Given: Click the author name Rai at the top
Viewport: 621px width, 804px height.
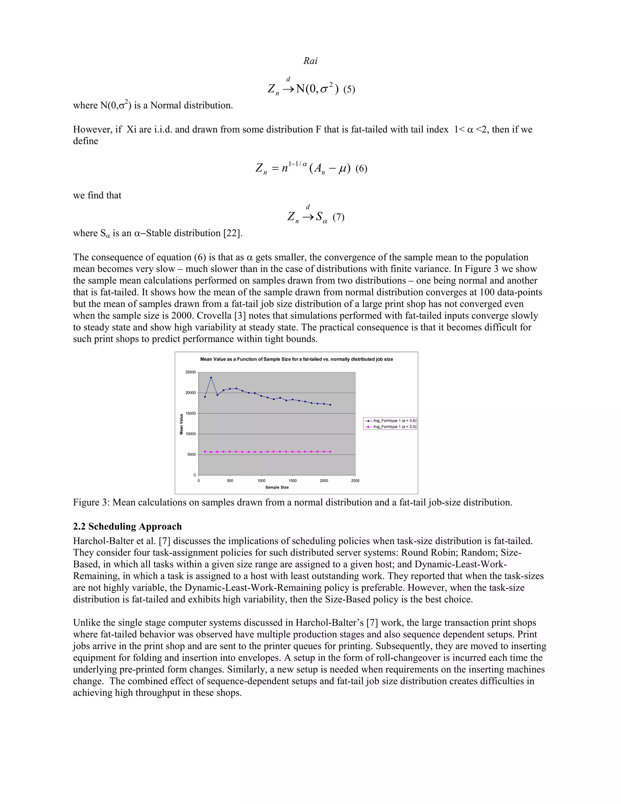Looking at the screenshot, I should [x=310, y=61].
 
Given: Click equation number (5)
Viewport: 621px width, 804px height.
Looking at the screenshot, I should [x=349, y=90].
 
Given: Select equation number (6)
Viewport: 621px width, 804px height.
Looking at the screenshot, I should [x=361, y=169].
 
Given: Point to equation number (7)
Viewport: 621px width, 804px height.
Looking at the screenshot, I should [x=338, y=217].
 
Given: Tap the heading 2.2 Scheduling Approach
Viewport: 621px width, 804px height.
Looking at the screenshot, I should [x=127, y=526].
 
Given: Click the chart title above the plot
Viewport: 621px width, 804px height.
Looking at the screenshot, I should [x=296, y=359].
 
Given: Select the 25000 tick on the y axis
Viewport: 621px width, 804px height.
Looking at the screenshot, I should [x=190, y=372].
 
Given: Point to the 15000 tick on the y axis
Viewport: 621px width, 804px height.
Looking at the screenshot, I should [x=190, y=414].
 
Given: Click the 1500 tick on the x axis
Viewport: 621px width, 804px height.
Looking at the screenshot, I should [x=293, y=481].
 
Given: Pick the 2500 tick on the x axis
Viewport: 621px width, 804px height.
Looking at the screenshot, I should [x=355, y=481].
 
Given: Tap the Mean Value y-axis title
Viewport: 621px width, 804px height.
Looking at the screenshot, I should [x=181, y=424].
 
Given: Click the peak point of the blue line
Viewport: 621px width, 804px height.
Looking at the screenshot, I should [x=211, y=377].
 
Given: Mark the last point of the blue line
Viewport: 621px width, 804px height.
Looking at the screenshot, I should [x=331, y=405].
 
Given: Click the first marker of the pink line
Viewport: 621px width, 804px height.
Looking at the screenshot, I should [x=205, y=451].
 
